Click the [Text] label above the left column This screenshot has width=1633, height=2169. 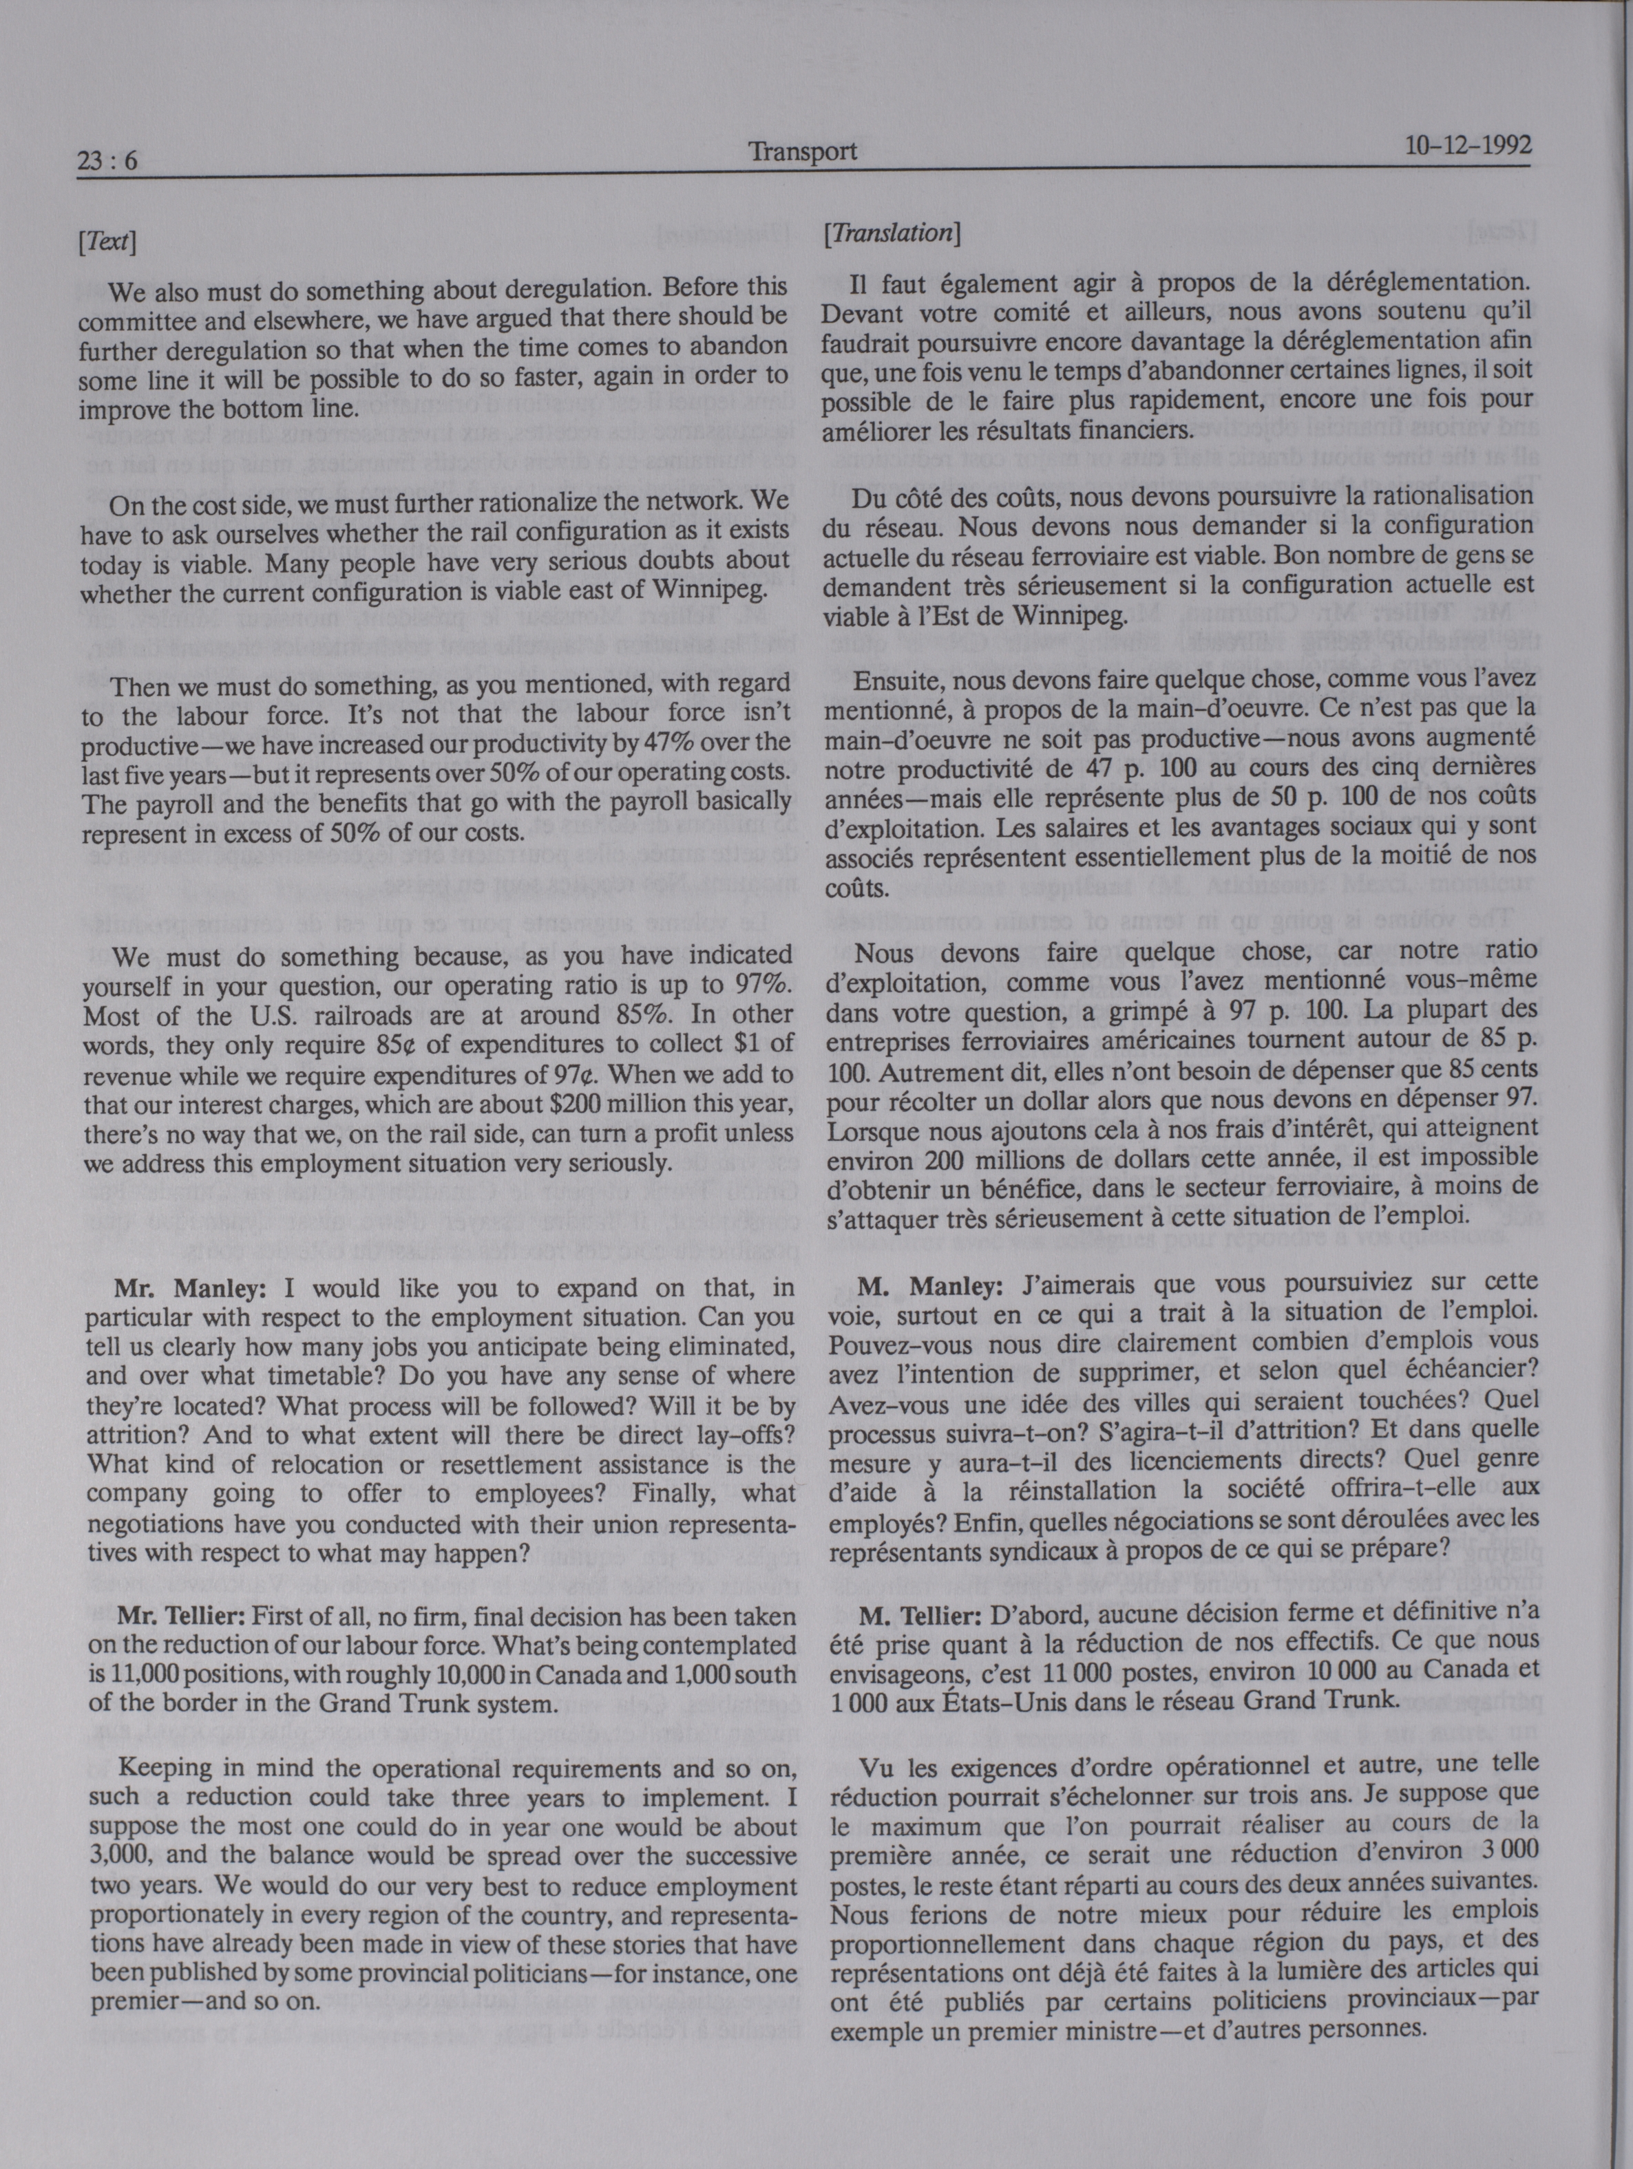106,242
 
